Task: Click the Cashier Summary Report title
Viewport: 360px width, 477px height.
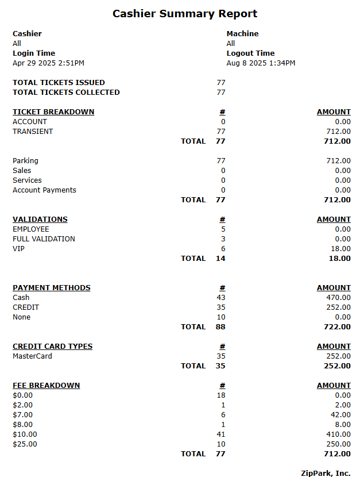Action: pyautogui.click(x=185, y=14)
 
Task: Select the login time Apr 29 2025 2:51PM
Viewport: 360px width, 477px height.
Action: pyautogui.click(x=48, y=63)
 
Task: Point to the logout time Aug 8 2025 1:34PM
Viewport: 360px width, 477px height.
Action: pyautogui.click(x=261, y=63)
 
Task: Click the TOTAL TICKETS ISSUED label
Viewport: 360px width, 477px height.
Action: pyautogui.click(x=59, y=83)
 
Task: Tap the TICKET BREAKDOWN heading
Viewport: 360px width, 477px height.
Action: pyautogui.click(x=53, y=112)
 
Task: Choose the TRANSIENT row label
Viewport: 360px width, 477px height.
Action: pyautogui.click(x=33, y=132)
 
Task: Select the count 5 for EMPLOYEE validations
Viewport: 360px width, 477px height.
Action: pyautogui.click(x=223, y=229)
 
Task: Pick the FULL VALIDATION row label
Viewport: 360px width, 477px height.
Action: pyautogui.click(x=44, y=239)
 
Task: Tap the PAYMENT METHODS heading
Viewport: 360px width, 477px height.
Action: pyautogui.click(x=52, y=288)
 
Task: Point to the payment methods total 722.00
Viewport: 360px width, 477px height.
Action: pyautogui.click(x=337, y=327)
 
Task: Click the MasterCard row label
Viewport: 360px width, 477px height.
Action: pyautogui.click(x=32, y=356)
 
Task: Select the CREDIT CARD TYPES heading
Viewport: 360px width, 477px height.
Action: pyautogui.click(x=52, y=347)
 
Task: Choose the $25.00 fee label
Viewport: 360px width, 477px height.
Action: pyautogui.click(x=25, y=444)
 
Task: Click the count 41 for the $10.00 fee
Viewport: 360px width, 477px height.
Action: pyautogui.click(x=221, y=434)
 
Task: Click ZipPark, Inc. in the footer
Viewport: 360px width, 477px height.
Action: pyautogui.click(x=326, y=473)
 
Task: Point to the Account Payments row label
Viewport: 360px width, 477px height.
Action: pyautogui.click(x=44, y=190)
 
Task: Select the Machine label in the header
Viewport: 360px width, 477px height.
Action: pyautogui.click(x=242, y=34)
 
